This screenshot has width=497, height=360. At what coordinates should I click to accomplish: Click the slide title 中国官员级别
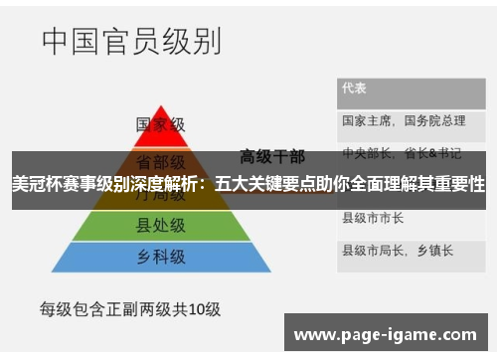[130, 41]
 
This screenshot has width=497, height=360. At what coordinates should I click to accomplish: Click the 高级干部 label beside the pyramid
[272, 156]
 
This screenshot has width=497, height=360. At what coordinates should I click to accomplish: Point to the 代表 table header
[354, 89]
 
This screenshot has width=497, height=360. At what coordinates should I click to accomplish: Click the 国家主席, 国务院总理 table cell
[403, 120]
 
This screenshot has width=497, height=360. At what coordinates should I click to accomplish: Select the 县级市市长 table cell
[372, 217]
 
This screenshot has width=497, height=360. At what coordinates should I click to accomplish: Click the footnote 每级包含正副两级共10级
[130, 308]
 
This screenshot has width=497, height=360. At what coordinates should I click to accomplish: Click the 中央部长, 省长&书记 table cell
[402, 153]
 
